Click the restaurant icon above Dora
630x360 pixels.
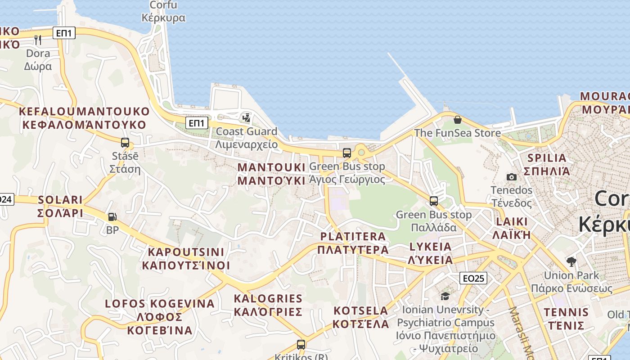pyautogui.click(x=38, y=40)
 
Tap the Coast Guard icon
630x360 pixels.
pyautogui.click(x=246, y=118)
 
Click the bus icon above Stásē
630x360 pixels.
pyautogui.click(x=125, y=143)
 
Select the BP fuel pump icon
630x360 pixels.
pyautogui.click(x=112, y=217)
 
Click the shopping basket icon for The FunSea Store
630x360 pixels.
pyautogui.click(x=458, y=120)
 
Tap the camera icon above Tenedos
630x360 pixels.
pyautogui.click(x=511, y=177)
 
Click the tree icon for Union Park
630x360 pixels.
pyautogui.click(x=571, y=261)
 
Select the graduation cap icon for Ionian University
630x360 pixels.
pyautogui.click(x=445, y=296)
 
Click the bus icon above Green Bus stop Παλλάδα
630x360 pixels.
pyautogui.click(x=434, y=201)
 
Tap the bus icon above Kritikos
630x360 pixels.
pyautogui.click(x=301, y=345)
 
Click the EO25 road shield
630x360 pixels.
pyautogui.click(x=473, y=279)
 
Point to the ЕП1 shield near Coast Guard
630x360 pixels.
pyautogui.click(x=197, y=122)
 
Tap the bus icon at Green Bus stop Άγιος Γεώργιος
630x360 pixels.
pyautogui.click(x=346, y=153)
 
